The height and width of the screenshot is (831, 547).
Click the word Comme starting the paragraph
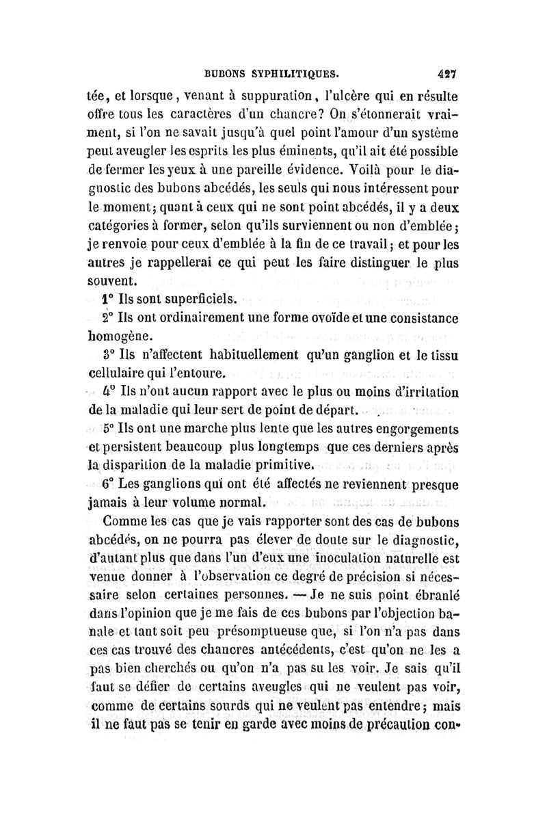coord(126,525)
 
